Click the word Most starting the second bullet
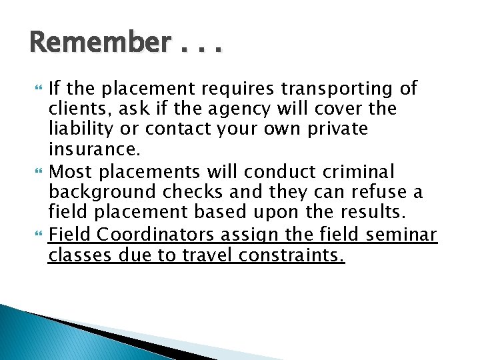[x=71, y=171]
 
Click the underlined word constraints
[x=288, y=255]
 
